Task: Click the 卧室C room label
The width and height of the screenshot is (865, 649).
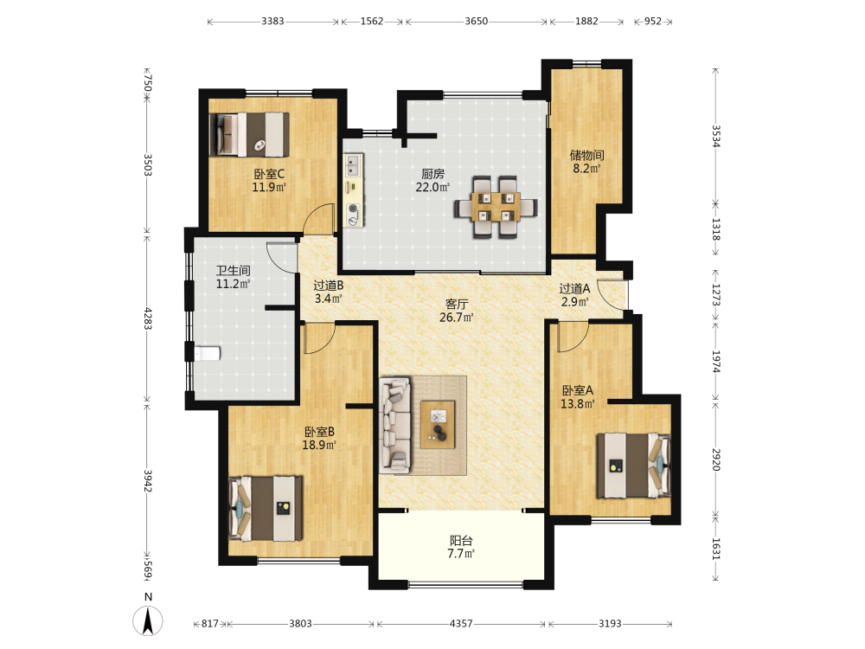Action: tap(269, 175)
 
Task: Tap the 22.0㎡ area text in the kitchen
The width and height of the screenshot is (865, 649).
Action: tap(432, 188)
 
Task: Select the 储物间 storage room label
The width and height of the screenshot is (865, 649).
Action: tap(586, 155)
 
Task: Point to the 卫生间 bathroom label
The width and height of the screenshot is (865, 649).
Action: tap(233, 270)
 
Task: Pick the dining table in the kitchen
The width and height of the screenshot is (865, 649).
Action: tap(496, 207)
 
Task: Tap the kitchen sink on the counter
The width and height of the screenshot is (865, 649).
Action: tap(353, 164)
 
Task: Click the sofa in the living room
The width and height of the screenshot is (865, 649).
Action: tap(395, 424)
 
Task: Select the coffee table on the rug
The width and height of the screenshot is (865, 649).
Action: tap(438, 424)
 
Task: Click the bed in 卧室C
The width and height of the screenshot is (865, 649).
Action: tap(249, 134)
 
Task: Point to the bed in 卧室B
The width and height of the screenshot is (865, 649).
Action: tap(266, 508)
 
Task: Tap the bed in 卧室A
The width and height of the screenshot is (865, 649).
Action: tap(634, 466)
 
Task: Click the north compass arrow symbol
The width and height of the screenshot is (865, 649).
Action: tap(148, 620)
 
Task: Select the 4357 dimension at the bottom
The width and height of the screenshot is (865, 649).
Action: tap(461, 624)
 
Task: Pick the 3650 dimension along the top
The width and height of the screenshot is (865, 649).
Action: tap(476, 21)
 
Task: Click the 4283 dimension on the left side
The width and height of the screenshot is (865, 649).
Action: tap(147, 319)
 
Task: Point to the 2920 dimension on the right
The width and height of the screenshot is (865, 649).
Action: tap(715, 459)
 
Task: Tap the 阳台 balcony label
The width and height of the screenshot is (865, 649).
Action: tap(461, 541)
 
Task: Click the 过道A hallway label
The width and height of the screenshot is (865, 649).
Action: tap(574, 289)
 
